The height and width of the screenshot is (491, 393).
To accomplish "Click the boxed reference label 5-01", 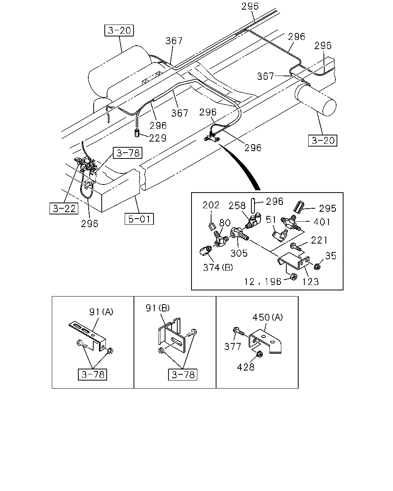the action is (x=139, y=219).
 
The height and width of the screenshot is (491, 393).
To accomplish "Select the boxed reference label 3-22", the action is (x=64, y=208).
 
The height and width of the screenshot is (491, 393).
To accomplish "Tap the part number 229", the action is (x=158, y=138).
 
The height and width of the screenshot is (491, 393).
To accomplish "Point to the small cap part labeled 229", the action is (x=137, y=132).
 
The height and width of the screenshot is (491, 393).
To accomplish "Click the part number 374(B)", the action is (x=218, y=267).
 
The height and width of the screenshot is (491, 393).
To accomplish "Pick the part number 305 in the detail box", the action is (x=239, y=253).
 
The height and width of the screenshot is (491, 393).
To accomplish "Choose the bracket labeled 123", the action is (x=294, y=261).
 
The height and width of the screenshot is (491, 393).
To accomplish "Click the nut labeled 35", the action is (x=317, y=266).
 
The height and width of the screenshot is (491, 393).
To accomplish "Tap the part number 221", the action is (x=319, y=240).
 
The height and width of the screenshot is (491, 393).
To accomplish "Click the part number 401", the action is (x=322, y=222).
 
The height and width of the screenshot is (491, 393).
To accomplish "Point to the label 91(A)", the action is (x=101, y=311).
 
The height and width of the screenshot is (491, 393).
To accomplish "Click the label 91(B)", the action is (x=158, y=308).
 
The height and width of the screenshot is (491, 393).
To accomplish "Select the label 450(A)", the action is (x=268, y=317).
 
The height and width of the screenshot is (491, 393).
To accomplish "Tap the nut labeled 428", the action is (x=260, y=354).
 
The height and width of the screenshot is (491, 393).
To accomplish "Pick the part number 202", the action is (x=211, y=205).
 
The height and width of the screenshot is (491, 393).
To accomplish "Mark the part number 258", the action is (x=237, y=206).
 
